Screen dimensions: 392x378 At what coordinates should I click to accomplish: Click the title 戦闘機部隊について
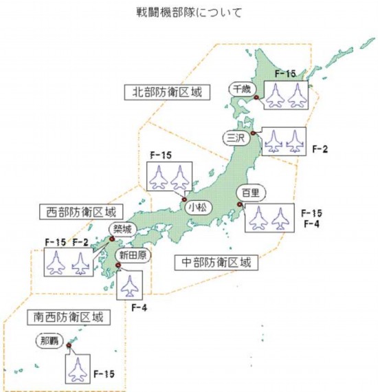[188, 12]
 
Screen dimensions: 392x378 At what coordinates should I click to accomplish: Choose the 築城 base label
[118, 229]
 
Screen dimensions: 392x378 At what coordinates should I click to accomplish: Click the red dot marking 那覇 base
[69, 347]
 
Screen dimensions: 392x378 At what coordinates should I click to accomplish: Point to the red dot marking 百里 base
[240, 204]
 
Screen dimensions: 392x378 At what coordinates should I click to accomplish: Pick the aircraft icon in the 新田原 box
[128, 285]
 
